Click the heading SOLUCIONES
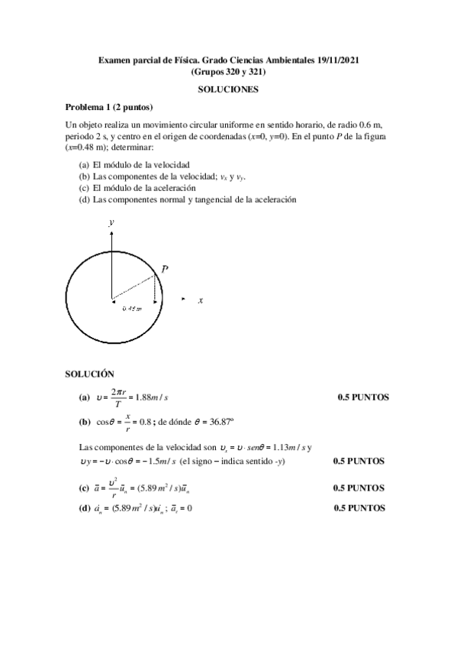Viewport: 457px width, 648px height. tap(229, 89)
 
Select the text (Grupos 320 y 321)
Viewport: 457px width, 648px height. tap(228, 72)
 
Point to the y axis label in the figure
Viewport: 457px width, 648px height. tap(111, 222)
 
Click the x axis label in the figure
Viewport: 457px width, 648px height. tap(201, 300)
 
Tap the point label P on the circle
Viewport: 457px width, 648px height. tap(165, 270)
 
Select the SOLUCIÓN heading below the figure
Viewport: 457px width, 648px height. tap(89, 374)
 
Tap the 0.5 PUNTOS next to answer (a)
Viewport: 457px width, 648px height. tap(363, 397)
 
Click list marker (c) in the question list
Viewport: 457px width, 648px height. tap(84, 188)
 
